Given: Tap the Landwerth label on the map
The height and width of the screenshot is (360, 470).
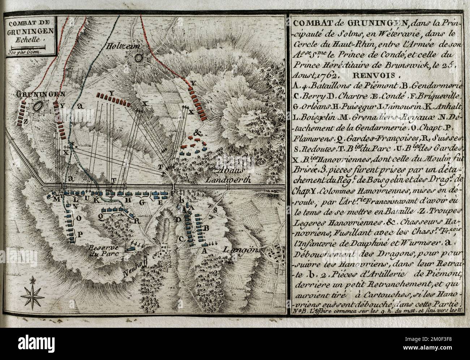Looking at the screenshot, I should tap(227, 179).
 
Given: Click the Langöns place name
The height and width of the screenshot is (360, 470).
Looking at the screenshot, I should tap(238, 250).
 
